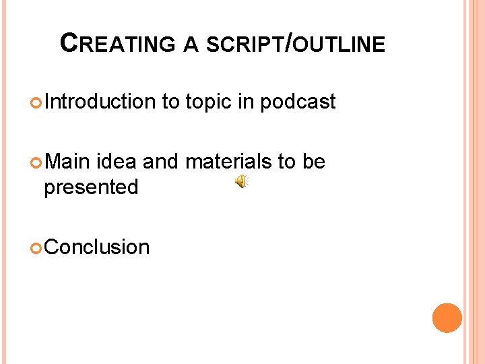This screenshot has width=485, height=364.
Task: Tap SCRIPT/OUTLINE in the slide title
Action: point(295,44)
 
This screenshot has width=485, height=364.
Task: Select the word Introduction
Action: point(100,102)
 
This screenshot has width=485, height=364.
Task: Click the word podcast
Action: point(297,102)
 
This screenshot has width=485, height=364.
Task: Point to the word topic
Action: point(213,102)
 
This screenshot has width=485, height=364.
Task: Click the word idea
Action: point(117,162)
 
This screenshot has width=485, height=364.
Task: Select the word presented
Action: point(91,187)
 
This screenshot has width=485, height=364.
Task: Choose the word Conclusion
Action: point(97,247)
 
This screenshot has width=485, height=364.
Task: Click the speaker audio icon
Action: point(241,181)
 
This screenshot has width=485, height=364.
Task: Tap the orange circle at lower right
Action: point(447,318)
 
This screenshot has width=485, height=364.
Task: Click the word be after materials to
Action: point(313,162)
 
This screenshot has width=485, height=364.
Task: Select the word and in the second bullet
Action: point(160,162)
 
